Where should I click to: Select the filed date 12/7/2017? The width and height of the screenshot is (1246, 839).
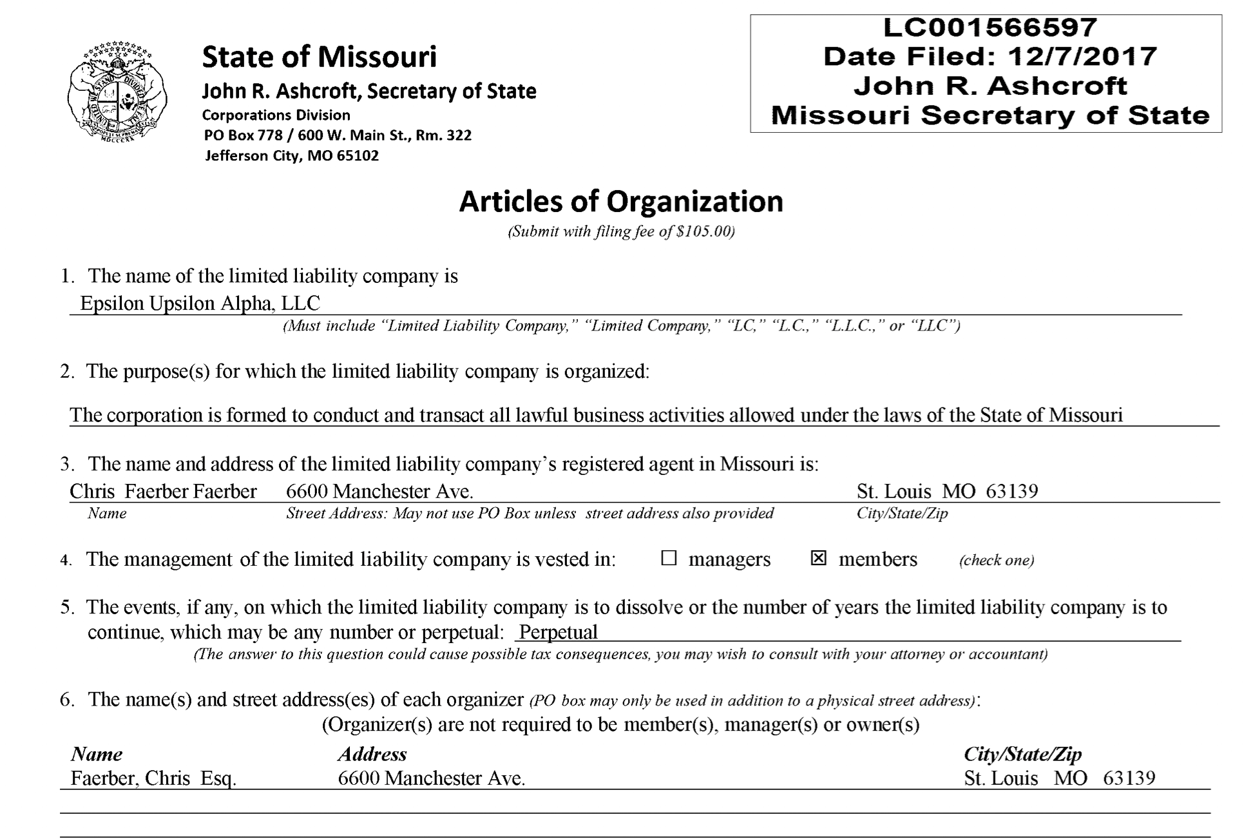coord(1082,57)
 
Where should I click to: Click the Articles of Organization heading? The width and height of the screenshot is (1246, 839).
coord(620,201)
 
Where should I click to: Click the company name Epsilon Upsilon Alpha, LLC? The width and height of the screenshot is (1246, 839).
coord(200,303)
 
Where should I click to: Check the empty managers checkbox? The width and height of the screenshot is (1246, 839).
coord(669,558)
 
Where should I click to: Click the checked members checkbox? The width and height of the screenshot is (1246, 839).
coord(818,558)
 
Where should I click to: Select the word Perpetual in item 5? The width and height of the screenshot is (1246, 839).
coord(558,632)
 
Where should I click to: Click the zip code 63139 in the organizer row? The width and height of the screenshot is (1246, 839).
coord(1129,778)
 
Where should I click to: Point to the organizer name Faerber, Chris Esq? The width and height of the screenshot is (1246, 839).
coord(153,778)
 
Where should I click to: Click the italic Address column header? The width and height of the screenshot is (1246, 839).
coord(372,754)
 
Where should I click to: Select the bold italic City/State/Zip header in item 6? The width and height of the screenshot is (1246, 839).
coord(1022,754)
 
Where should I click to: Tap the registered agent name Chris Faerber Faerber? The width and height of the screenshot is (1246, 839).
coord(163,491)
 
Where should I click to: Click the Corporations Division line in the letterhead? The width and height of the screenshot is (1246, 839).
coord(276,115)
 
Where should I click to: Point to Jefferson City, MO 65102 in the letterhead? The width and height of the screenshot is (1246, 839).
coord(291,155)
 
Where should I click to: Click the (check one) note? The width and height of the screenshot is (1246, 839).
coord(996,560)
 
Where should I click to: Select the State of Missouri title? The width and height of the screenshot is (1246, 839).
coord(319,57)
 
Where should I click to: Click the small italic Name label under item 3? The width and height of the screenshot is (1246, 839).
coord(107,513)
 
